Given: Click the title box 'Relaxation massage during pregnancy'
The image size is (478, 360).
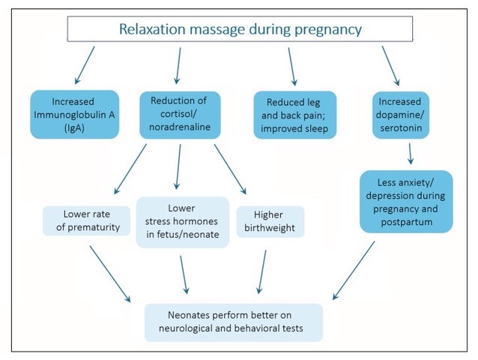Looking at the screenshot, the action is click(x=240, y=29).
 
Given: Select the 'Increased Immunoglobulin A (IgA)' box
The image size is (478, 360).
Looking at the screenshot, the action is click(x=74, y=115).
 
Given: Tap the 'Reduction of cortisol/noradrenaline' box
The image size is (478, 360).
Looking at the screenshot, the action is click(x=180, y=115).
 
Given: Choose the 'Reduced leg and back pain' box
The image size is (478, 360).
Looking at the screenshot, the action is click(x=294, y=115).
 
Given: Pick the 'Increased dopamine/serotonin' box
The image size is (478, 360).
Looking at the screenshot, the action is click(x=401, y=115).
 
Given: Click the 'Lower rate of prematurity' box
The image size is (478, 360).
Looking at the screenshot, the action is click(x=87, y=220).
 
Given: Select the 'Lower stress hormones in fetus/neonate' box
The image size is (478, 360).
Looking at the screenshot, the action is click(x=183, y=222).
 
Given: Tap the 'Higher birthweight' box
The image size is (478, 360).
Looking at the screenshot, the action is click(x=270, y=221).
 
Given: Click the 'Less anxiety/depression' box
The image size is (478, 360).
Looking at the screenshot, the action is click(x=406, y=202).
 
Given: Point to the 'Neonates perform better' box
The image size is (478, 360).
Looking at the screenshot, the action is click(x=234, y=322).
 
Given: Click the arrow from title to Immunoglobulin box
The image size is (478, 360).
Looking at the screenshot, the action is click(x=85, y=65).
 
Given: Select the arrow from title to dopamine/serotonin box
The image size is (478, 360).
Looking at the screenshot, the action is click(x=391, y=65).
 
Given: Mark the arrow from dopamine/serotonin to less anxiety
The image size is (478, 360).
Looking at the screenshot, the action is click(x=410, y=154).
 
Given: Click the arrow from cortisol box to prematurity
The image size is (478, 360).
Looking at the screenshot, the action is click(x=130, y=169).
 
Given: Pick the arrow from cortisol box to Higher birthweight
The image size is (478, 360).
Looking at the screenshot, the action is click(x=230, y=169).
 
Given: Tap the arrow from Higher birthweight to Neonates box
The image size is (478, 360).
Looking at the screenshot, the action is click(x=262, y=271).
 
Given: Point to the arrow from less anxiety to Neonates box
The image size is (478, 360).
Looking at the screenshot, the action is click(x=354, y=270).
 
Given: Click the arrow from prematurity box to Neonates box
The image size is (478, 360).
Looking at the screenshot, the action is click(x=110, y=274).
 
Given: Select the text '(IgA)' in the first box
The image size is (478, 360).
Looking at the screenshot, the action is click(x=74, y=127).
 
